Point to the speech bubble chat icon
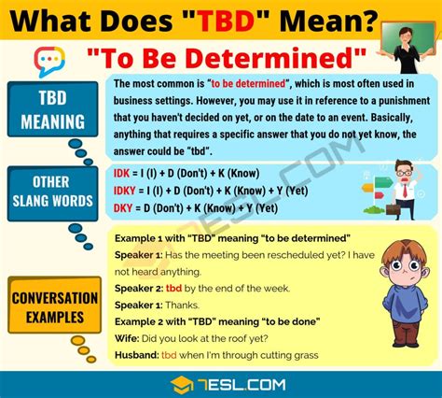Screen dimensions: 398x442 48,62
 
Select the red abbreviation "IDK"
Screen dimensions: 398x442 123,174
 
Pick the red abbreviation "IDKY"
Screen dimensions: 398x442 126,190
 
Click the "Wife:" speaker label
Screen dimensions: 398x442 129,337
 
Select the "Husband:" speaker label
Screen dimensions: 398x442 136,354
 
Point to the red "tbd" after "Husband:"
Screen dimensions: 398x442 169,354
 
